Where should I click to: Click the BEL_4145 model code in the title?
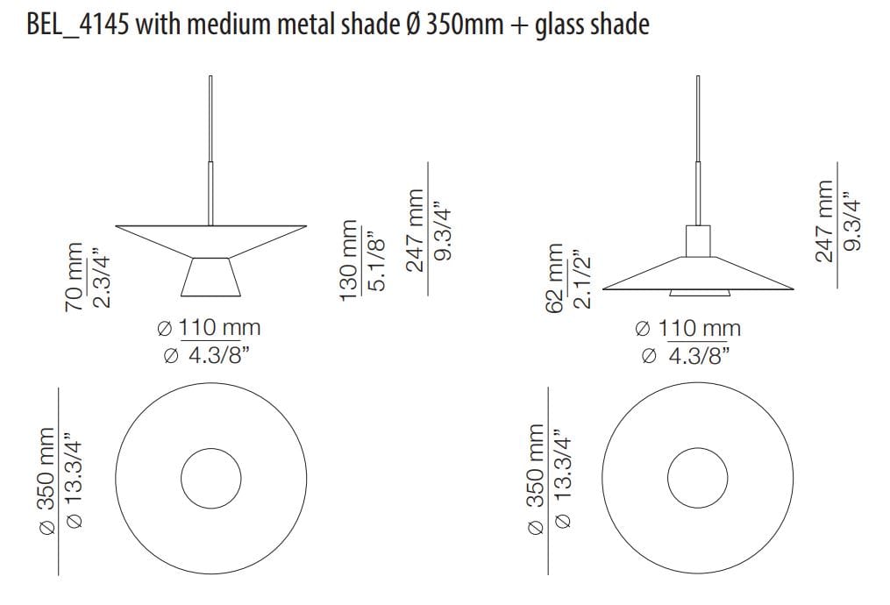(x=78, y=25)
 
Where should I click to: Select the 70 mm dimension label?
(x=75, y=277)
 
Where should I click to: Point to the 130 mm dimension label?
(x=350, y=260)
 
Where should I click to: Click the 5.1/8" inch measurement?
(x=376, y=260)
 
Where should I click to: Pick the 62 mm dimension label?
(x=554, y=278)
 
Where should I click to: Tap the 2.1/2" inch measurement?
(x=582, y=279)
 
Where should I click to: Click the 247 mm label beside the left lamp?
(x=416, y=231)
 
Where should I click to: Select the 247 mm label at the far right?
(x=824, y=221)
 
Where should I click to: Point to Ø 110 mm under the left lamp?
(x=209, y=328)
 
